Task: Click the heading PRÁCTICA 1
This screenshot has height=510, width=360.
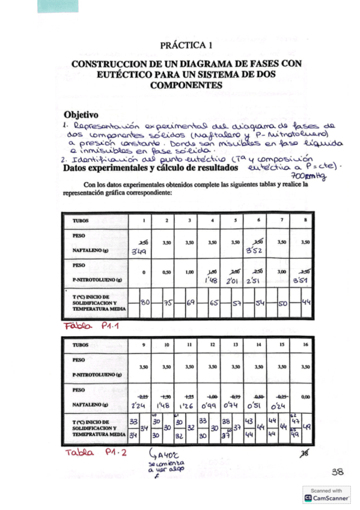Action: coord(186,45)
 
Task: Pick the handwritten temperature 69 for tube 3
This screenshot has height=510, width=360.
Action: coord(191,303)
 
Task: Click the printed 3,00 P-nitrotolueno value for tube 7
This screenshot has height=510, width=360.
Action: coord(282,271)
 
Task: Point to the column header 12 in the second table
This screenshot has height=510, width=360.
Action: coord(211,346)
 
